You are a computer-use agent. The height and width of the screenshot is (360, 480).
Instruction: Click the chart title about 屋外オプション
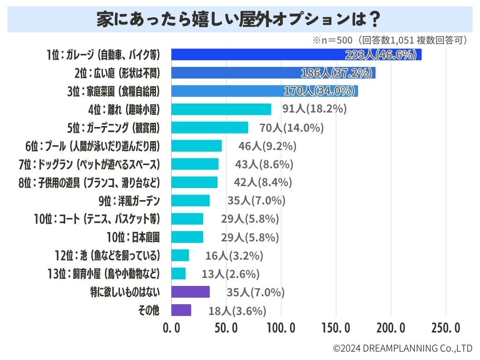point(240,19)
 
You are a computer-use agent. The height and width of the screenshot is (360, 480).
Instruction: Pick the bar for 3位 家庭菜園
point(264,91)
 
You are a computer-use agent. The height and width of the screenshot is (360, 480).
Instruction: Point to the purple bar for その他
point(181,310)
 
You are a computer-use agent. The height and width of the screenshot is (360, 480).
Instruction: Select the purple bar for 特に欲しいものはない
point(190,292)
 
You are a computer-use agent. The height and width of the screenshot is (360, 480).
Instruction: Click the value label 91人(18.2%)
point(314,109)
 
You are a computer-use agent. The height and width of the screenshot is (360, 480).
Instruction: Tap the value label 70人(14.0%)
point(292,127)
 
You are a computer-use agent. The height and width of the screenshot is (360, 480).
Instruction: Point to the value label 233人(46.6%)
point(381,55)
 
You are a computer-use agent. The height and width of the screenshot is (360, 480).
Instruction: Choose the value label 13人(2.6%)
point(231,274)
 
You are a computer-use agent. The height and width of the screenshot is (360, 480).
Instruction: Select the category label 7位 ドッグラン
point(89,164)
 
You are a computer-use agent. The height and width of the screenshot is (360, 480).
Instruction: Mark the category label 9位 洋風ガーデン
point(129,201)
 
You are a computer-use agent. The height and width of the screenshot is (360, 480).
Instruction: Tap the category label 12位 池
point(107,255)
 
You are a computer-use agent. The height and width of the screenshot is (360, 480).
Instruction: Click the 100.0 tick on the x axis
point(281,328)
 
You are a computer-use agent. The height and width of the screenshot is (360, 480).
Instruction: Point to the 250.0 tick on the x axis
point(445,328)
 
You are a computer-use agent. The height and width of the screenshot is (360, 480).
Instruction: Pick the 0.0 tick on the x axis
point(172,328)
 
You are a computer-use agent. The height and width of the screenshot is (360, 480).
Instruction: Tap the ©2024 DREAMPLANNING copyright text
point(403,348)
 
